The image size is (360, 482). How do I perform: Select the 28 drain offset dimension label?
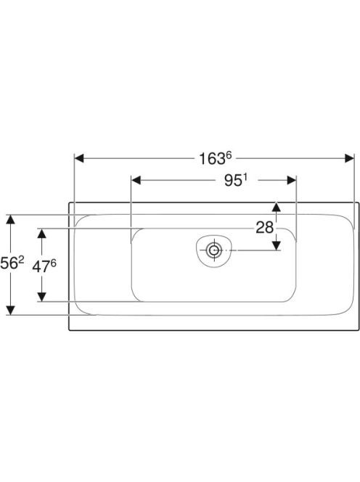coord(264,228)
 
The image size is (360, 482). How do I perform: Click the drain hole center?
coord(214,250)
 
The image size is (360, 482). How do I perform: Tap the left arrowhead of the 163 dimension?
coord(79,158)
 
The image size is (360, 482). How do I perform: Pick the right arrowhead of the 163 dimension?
coord(350,158)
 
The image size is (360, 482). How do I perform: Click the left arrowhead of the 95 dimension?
coord(136,181)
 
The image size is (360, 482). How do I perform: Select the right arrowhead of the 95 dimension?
coord(292,181)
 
